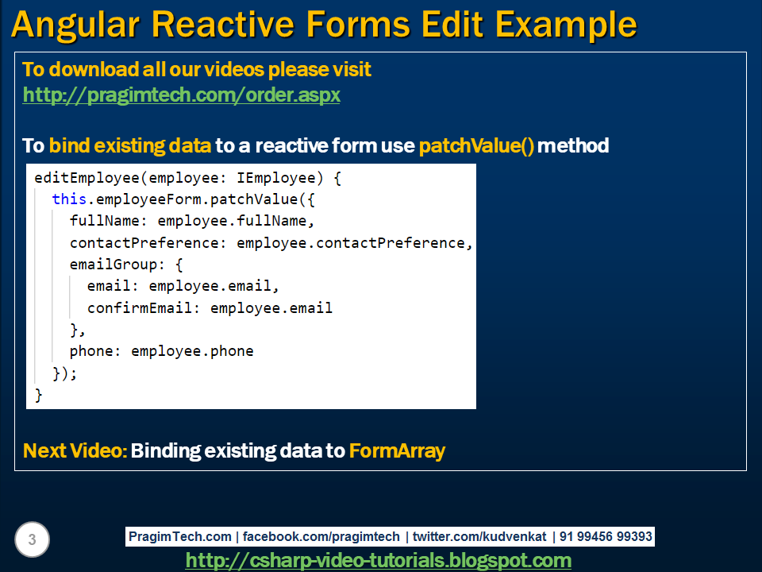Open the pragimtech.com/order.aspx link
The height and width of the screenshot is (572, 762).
click(181, 95)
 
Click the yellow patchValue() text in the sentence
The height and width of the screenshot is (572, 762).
click(476, 146)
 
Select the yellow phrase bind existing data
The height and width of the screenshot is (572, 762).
click(130, 146)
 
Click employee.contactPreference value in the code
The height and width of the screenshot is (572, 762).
click(354, 243)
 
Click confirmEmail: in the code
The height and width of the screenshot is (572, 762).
click(144, 308)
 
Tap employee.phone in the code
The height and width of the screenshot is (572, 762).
click(192, 351)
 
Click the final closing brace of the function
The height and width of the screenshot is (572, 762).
click(38, 395)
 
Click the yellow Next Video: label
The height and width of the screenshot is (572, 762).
click(75, 451)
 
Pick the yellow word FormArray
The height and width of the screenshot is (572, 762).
click(397, 451)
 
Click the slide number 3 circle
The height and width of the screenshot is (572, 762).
click(32, 541)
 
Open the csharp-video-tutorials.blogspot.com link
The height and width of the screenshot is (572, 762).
click(379, 561)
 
